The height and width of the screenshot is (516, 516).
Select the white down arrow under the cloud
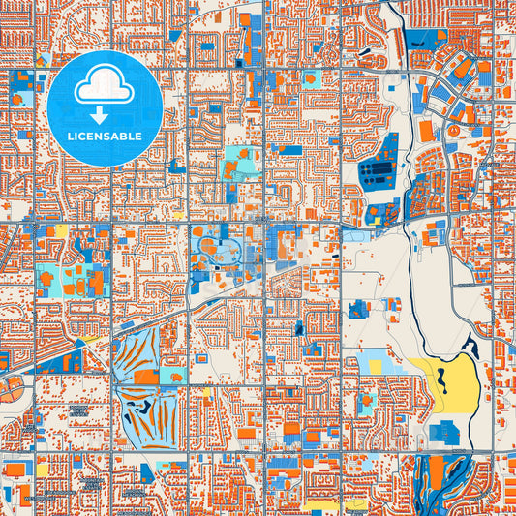(x=104, y=114)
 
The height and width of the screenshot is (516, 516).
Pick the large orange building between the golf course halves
(x=143, y=381)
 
